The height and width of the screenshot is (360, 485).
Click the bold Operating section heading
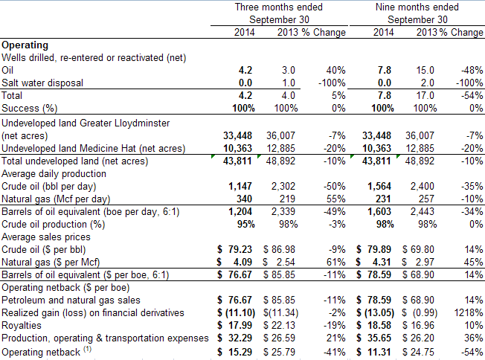pos(25,45)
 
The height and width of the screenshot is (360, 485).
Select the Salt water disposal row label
pos(42,83)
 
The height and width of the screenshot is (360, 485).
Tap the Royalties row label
pos(22,325)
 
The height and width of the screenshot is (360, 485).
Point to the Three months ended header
pos(279,7)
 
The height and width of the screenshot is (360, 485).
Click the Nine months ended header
pos(417,7)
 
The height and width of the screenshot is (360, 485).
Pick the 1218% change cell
pos(469,312)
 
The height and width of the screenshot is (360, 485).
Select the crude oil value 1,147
pos(240,186)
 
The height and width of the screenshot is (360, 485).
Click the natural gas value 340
pos(244,199)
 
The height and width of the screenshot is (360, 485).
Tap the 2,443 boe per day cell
pos(423,211)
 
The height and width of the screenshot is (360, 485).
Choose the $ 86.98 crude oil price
pos(279,249)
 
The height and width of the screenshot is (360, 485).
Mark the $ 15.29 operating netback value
pos(235,352)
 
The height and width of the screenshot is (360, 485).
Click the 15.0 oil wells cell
pos(425,70)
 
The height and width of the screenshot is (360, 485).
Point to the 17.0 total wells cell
pos(425,95)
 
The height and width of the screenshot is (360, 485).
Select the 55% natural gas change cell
pos(336,199)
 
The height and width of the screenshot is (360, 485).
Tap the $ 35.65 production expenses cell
pos(373,338)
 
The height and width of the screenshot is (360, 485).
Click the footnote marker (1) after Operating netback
pos(87,349)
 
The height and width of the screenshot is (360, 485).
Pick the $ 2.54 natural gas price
pos(279,262)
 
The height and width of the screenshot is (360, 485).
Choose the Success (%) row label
pos(30,109)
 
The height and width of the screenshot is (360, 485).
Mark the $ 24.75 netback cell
pos(418,352)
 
